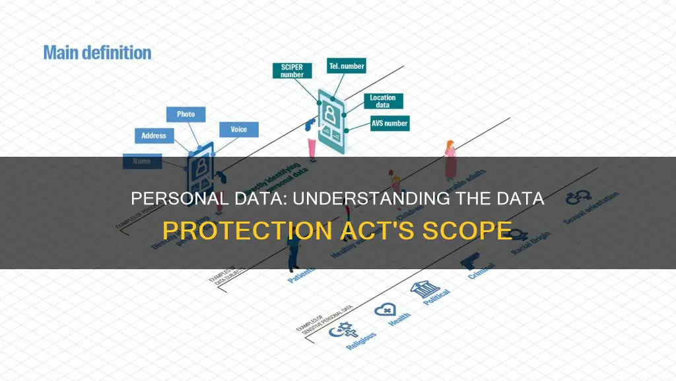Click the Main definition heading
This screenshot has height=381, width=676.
pos(97,52)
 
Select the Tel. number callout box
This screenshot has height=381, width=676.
pos(347,66)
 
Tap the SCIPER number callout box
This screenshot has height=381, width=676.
pos(291,71)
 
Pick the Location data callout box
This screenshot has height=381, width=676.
pos(383,101)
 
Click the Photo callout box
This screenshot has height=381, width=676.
pos(186,114)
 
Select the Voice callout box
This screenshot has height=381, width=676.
pos(238,129)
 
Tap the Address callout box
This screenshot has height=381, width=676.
pos(154,136)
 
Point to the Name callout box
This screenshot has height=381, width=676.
pos(141,161)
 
